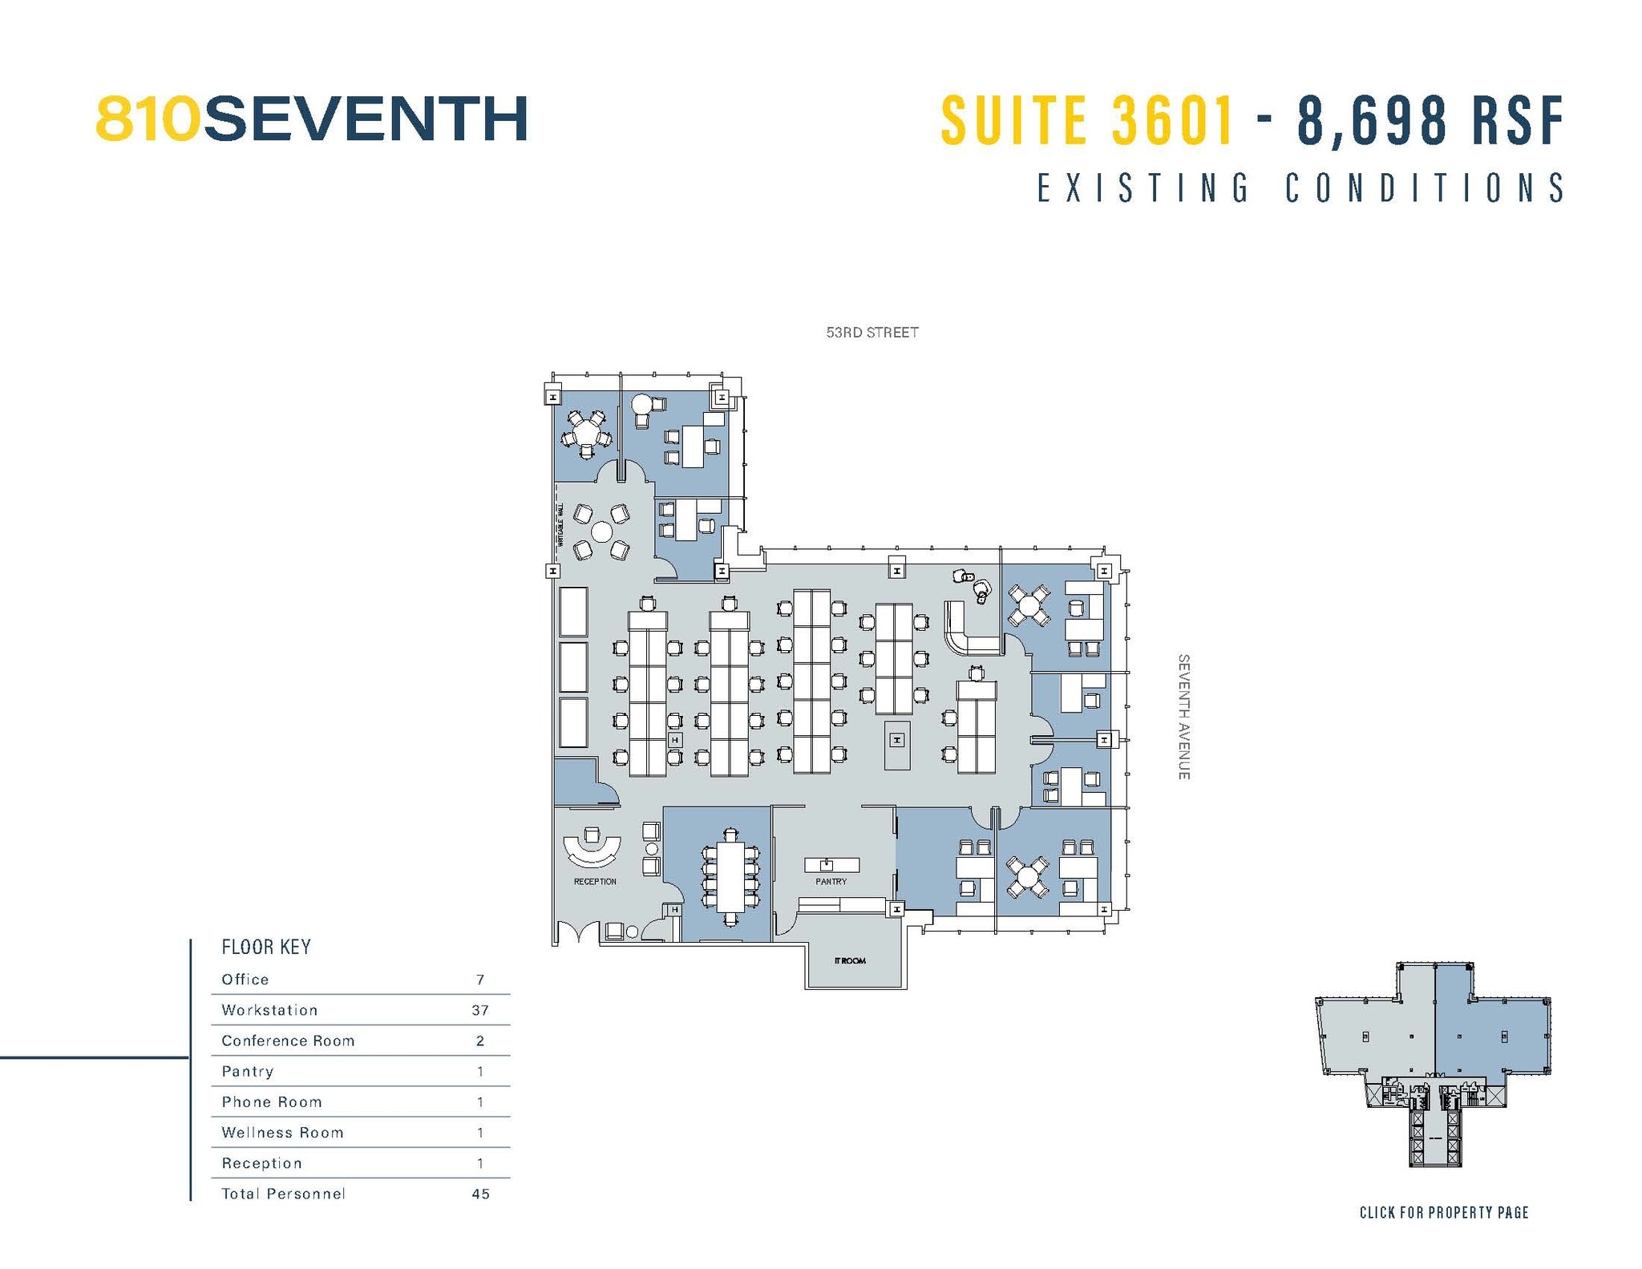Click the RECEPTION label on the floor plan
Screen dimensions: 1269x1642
[594, 881]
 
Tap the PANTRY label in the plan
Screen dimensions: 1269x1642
[831, 881]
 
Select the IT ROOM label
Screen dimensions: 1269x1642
[850, 960]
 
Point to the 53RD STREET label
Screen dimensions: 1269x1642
[872, 332]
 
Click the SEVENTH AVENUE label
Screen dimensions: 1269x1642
[1183, 717]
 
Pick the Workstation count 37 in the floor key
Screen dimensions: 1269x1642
[479, 1010]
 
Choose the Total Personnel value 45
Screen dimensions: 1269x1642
[479, 1194]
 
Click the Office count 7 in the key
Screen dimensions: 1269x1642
[479, 980]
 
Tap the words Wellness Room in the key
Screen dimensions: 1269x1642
[282, 1133]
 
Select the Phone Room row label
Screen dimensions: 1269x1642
[272, 1102]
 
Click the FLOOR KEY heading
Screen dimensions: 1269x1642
[265, 947]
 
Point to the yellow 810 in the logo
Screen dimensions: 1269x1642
[148, 119]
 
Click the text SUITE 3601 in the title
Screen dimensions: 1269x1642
[1086, 120]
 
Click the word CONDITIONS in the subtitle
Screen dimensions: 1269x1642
[1425, 188]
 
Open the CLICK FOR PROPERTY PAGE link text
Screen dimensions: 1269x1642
[1443, 1213]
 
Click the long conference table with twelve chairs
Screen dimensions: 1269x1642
[730, 872]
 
